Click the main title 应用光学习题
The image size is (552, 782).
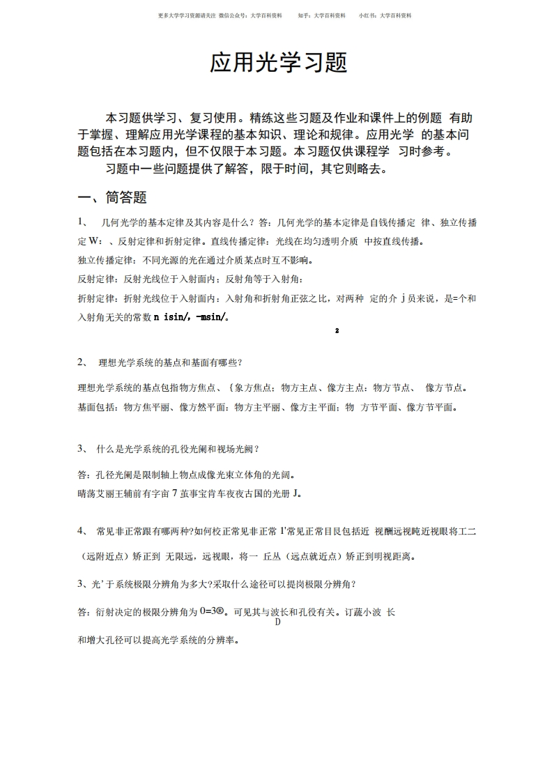click(x=278, y=63)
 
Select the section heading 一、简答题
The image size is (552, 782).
click(x=112, y=197)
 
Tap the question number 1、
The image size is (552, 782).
click(x=83, y=222)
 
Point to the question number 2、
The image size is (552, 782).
click(x=83, y=362)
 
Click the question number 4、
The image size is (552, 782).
click(x=83, y=531)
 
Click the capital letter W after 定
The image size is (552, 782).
click(x=95, y=243)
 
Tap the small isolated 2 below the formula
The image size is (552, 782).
click(x=336, y=330)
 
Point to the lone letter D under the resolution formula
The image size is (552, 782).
click(x=277, y=622)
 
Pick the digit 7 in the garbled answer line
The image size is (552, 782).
click(x=174, y=493)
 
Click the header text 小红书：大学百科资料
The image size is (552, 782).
click(x=385, y=15)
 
